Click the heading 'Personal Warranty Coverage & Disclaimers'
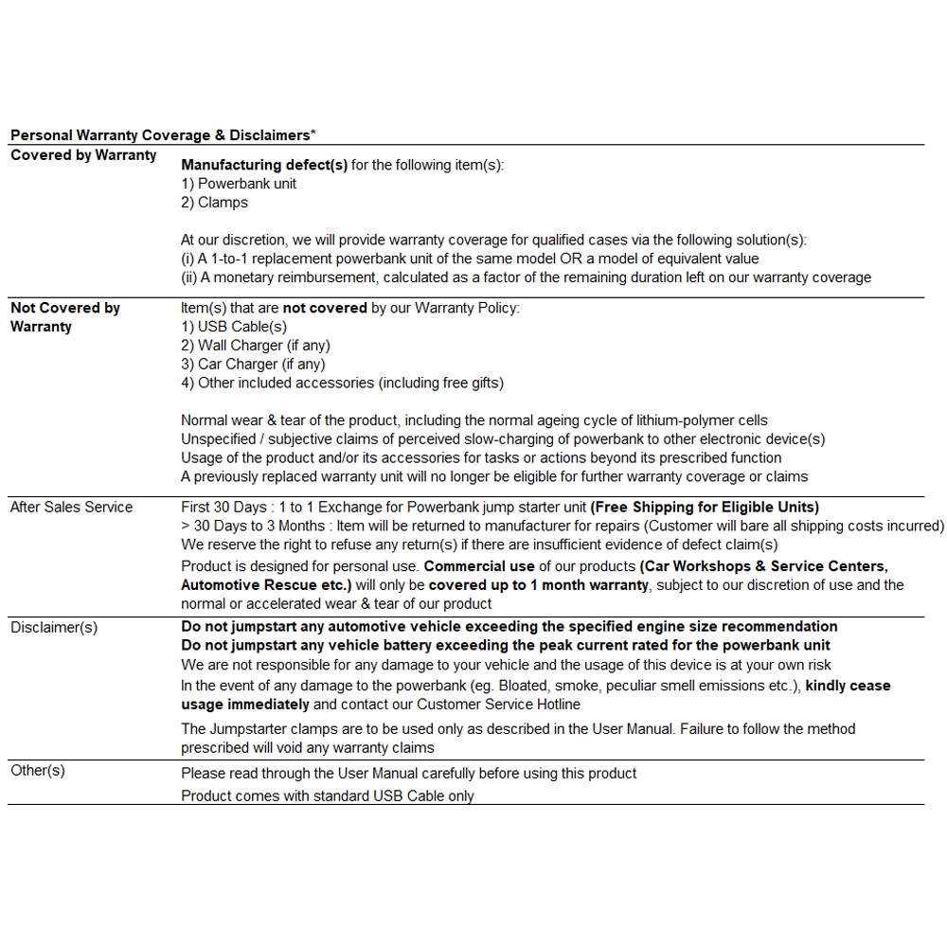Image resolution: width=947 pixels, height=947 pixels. (x=161, y=135)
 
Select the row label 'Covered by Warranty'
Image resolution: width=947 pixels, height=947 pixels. (x=83, y=155)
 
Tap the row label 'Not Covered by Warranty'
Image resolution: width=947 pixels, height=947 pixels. (x=64, y=317)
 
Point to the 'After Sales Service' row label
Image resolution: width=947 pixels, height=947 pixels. (x=71, y=507)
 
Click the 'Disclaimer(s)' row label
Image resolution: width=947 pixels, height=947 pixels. (x=54, y=627)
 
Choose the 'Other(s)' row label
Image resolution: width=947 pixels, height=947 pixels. (x=38, y=770)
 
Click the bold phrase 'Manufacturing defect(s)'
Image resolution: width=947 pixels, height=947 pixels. (x=264, y=165)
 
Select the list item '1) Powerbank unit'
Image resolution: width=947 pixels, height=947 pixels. (x=239, y=184)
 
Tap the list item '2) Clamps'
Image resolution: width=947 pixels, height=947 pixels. (x=214, y=203)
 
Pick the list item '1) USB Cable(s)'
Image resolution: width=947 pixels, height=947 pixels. (x=234, y=327)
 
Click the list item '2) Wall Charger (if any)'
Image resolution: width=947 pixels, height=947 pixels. (x=256, y=346)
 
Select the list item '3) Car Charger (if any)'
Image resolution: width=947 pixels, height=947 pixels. (x=253, y=365)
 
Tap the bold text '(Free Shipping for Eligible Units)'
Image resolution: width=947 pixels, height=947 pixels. (x=705, y=507)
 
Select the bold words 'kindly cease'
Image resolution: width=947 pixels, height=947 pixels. (x=848, y=686)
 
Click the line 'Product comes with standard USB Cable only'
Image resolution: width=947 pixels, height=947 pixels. (x=328, y=796)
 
